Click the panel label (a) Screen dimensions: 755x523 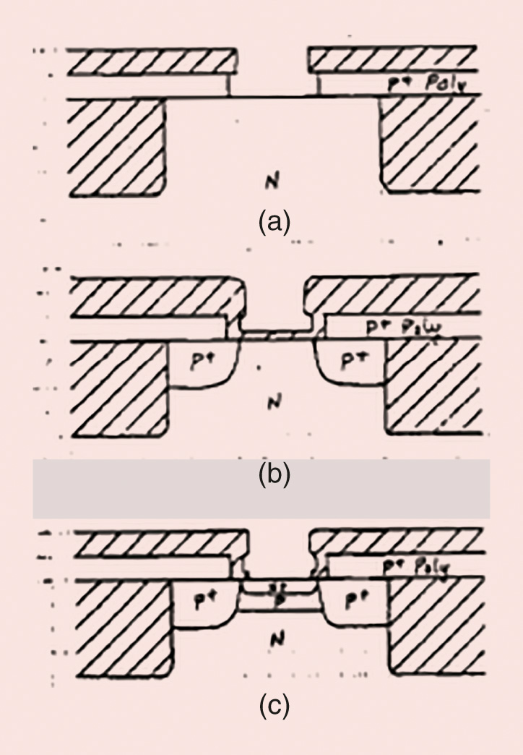[x=274, y=221]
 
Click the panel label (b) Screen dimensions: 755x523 [x=274, y=475]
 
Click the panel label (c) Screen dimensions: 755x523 [x=274, y=707]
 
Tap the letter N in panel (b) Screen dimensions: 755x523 [x=272, y=404]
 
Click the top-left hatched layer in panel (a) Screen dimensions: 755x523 [x=152, y=62]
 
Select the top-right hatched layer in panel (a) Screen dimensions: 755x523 [x=394, y=62]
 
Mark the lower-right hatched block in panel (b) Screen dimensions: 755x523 [x=433, y=388]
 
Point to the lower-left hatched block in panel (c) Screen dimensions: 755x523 [x=123, y=629]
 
